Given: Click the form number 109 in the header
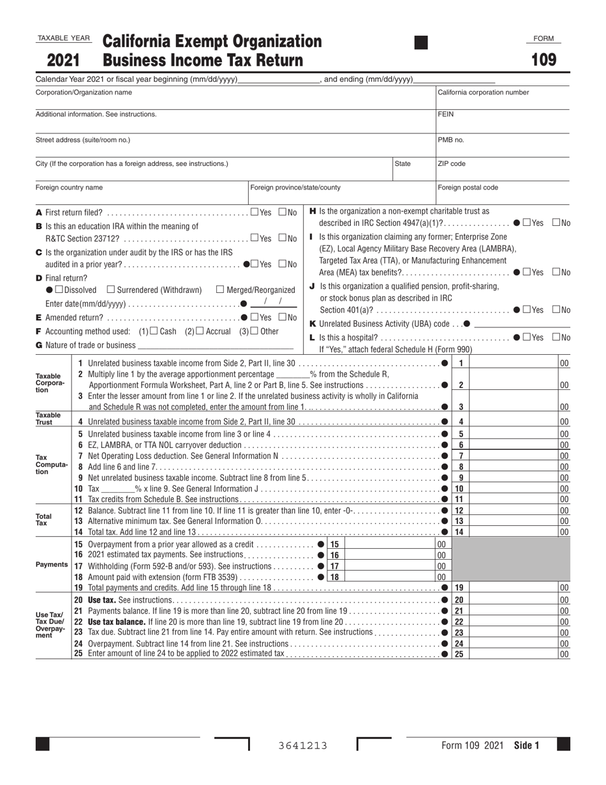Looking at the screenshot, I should (x=544, y=60).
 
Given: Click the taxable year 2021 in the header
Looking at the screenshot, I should (x=63, y=61).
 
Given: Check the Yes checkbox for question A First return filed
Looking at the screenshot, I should (x=255, y=212).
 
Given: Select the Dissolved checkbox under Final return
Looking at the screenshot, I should (x=61, y=290).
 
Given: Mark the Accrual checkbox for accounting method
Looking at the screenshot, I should (x=200, y=331).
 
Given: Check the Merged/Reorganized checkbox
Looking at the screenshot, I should (x=221, y=290).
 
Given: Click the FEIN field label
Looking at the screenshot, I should (x=445, y=114).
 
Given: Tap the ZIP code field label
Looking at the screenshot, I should (x=452, y=164).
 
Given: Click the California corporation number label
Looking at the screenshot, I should (x=483, y=93).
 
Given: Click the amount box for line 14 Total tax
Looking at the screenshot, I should (x=514, y=532).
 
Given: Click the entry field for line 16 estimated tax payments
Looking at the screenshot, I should (x=389, y=555).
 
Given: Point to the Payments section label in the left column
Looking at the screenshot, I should (x=52, y=565).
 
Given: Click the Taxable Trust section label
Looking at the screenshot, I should (x=48, y=419).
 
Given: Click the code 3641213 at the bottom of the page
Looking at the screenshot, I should (x=303, y=745).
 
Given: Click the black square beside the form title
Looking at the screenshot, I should (x=421, y=43).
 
